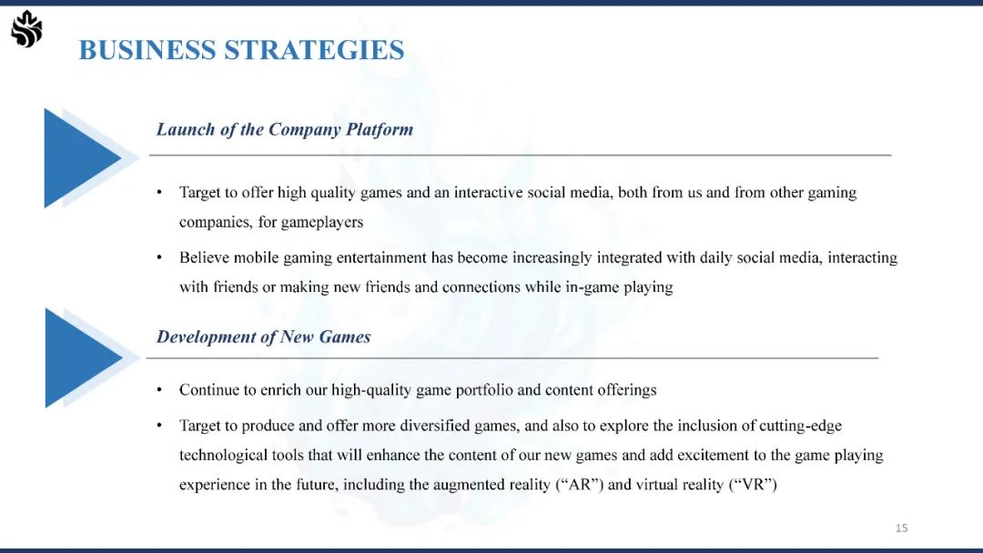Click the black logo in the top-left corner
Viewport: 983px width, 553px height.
coord(27,29)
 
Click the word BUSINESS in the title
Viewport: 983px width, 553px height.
coord(147,50)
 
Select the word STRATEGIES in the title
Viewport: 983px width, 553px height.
coord(314,50)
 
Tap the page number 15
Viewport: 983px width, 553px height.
coord(901,528)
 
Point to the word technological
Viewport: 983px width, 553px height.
coord(223,456)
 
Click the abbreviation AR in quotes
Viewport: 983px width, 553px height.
coord(579,485)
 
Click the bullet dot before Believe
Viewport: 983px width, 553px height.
coord(160,257)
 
